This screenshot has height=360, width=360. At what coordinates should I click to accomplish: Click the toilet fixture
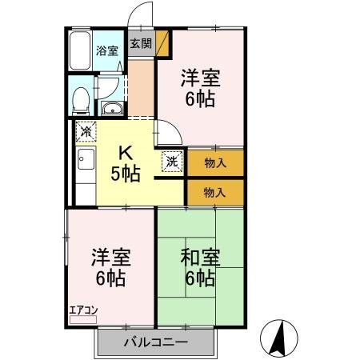pos(80,100)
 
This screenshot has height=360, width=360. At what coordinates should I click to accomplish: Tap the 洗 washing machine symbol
pos(172,160)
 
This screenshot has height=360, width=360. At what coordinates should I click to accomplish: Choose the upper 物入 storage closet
pos(215,163)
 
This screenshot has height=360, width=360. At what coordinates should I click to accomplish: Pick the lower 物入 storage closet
pos(215,192)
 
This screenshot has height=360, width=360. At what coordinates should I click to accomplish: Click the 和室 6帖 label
pos(200,268)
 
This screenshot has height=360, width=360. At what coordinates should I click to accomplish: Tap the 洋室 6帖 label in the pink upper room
pos(200,89)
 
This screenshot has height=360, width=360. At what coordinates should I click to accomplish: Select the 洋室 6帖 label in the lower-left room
pos(110,268)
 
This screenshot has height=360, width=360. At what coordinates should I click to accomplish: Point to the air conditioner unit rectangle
pos(82,319)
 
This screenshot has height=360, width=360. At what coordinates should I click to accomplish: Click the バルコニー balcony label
pos(156,343)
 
